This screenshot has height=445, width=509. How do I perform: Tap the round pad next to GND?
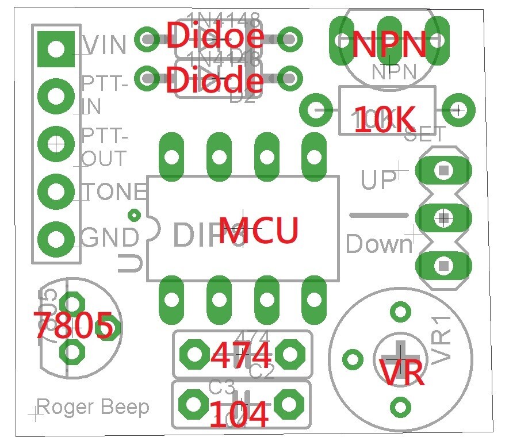(56, 237)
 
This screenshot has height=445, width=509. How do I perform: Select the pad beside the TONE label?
(56, 190)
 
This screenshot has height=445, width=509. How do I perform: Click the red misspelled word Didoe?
(215, 36)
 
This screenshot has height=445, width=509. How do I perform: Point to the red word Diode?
(215, 81)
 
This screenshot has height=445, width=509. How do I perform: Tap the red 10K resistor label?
(384, 120)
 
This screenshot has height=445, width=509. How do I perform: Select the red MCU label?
(259, 231)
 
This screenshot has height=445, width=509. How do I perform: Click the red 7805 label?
(74, 325)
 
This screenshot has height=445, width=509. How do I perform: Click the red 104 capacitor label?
(239, 414)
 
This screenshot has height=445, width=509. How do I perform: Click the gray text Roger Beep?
(93, 407)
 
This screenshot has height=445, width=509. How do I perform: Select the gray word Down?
(380, 244)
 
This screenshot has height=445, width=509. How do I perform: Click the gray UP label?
(378, 179)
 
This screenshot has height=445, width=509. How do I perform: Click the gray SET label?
(425, 135)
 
